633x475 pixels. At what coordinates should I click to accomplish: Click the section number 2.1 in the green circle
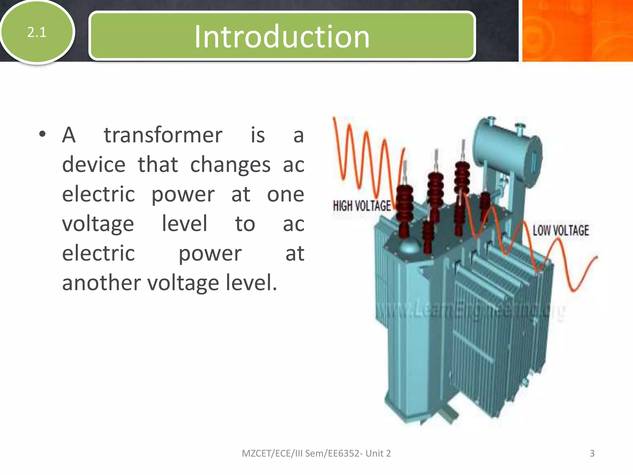tap(37, 32)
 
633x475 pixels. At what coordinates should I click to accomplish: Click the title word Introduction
tap(282, 37)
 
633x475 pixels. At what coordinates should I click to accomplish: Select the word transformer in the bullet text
tap(163, 135)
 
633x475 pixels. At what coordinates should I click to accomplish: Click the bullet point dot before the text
tap(43, 135)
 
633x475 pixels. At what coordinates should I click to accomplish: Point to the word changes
tap(230, 165)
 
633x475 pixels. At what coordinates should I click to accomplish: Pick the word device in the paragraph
tap(94, 165)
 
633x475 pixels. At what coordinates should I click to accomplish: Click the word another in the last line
tap(102, 283)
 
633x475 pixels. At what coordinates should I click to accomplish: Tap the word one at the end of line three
tap(285, 194)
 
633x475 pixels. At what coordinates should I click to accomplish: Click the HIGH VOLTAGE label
tap(362, 206)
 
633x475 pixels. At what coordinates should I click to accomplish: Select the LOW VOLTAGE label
tap(561, 230)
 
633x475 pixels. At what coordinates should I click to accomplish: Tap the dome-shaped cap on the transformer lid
tap(409, 247)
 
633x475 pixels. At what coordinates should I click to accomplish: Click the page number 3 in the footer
tap(592, 453)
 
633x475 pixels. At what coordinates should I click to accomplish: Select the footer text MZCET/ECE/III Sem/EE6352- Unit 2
tap(316, 453)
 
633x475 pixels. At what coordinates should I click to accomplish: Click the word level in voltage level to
tap(184, 224)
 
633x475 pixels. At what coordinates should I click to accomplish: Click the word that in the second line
tap(158, 165)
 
